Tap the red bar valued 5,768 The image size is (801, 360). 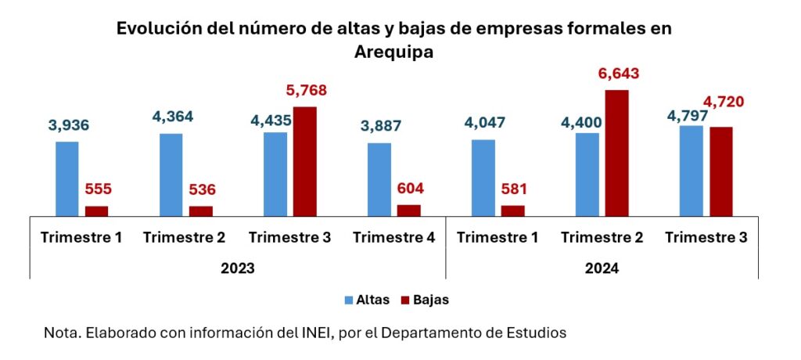coord(304,160)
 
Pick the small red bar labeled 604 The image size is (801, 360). coord(408,210)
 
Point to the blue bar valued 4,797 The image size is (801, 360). coord(691,170)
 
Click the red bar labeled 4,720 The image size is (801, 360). coord(720,171)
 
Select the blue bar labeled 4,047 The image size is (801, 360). coord(483,177)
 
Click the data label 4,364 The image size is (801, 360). coord(171,117)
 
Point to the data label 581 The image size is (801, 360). coord(513,189)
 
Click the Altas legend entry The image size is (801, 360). coord(368,299)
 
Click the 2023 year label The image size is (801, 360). coord(237,267)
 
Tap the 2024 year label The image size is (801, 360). coord(602,267)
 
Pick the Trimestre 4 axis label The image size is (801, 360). coord(393,237)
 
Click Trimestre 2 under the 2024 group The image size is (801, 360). coord(602,237)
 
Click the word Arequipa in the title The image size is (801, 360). coord(393,52)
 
